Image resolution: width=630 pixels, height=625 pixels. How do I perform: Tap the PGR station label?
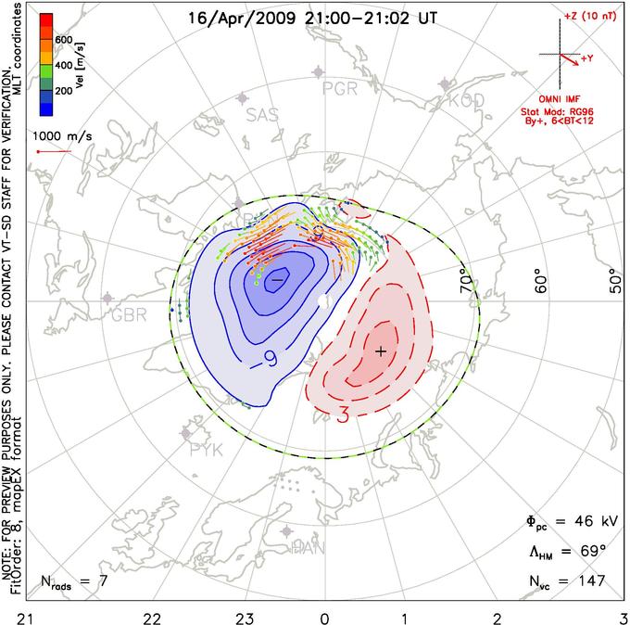[x=339, y=89]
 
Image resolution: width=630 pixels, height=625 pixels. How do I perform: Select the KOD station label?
[x=466, y=101]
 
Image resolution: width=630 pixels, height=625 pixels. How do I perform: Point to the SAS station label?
[x=264, y=114]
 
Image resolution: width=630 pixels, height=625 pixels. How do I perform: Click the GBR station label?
[x=130, y=314]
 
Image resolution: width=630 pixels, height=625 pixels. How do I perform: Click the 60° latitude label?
[x=544, y=280]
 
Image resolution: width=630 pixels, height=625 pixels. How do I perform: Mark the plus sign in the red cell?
[x=380, y=351]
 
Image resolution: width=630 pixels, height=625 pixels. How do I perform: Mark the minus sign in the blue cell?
[x=277, y=278]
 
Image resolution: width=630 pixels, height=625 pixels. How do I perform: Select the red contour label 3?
[x=342, y=415]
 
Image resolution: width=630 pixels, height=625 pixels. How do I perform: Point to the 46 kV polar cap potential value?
[x=592, y=520]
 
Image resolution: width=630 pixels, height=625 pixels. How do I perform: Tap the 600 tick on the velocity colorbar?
[x=63, y=40]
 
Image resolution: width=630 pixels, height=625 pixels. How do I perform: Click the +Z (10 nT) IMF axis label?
[x=590, y=18]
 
